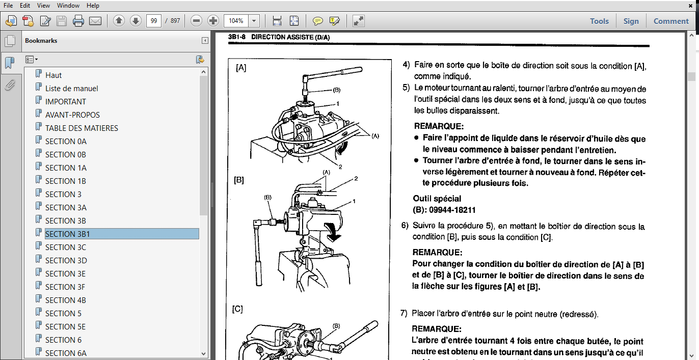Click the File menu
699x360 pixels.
[8, 6]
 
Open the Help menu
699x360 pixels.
[93, 6]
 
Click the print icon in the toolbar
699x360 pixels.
[78, 21]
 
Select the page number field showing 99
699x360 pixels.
[153, 21]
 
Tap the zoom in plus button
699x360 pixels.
[213, 21]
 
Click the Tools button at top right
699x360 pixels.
[599, 21]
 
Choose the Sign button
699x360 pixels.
[631, 21]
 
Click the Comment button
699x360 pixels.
[671, 21]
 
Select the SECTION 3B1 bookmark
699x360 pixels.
[67, 234]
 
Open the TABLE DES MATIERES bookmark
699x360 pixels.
[82, 128]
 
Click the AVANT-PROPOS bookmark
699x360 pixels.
[72, 115]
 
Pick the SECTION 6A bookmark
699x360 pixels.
[66, 353]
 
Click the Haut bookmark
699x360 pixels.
[53, 75]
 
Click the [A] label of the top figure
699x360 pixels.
[241, 68]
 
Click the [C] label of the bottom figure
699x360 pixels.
[237, 309]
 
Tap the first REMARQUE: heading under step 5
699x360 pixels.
[439, 126]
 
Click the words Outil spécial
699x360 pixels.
[437, 199]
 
